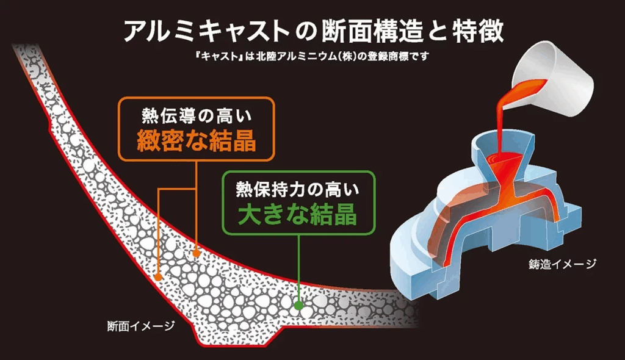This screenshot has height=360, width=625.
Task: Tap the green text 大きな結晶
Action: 297,214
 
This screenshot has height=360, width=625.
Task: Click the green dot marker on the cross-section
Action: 298,303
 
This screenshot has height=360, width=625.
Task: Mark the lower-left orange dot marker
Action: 158,276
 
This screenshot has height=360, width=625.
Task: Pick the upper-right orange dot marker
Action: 197,251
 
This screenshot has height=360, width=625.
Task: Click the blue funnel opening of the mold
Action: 500,146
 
